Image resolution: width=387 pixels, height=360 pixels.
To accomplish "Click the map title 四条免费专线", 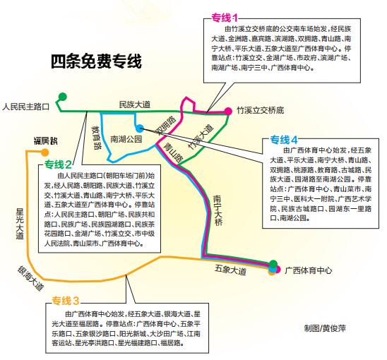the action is (96, 61).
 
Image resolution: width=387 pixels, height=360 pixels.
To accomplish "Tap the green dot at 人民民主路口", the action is (63, 96).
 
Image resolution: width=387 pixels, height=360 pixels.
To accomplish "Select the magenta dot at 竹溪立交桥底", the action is (228, 112).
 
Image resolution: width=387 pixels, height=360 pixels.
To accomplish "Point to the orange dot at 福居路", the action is (44, 152).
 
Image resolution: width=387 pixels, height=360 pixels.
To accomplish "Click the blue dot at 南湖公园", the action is (140, 128).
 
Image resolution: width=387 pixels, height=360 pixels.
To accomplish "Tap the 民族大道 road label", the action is (135, 104).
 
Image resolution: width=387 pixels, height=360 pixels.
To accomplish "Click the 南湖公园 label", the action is (126, 139).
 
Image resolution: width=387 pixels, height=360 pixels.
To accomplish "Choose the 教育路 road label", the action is (97, 138).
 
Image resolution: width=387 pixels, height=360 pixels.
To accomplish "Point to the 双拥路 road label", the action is (167, 126).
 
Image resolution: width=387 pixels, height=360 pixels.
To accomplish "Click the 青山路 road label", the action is (173, 152).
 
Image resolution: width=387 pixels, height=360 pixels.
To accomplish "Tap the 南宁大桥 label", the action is (218, 210).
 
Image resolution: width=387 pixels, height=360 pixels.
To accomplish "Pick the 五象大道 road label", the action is (230, 270).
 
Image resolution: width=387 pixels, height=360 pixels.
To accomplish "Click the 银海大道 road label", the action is (31, 278).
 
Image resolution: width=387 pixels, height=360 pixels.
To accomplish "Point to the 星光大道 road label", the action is (20, 224).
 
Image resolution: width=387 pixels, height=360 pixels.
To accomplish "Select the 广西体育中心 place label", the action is (309, 270).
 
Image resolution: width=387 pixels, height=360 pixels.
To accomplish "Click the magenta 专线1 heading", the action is (225, 18).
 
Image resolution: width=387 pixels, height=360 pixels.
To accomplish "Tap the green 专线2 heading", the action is (58, 164).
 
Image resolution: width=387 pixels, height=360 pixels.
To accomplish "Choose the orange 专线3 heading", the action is (66, 301).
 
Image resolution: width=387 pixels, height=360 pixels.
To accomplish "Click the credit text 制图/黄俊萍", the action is (325, 328).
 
